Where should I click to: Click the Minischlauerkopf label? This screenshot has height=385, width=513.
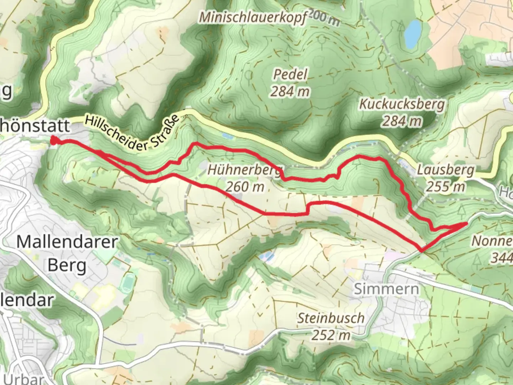[x=252, y=17]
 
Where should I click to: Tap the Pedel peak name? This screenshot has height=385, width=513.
[x=290, y=74]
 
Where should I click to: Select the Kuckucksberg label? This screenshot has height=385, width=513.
[x=402, y=104]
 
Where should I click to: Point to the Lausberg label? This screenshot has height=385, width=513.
[x=446, y=170]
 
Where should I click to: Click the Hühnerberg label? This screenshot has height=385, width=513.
[x=244, y=169]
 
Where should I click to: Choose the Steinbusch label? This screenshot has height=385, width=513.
[x=331, y=318]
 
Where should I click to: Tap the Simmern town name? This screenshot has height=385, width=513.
[x=386, y=289]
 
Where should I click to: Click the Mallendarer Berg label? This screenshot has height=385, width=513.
[x=67, y=253]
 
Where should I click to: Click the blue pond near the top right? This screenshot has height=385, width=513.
[x=413, y=34]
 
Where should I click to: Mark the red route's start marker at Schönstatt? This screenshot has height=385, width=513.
[x=53, y=141]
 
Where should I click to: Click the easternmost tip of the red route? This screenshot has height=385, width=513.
[x=466, y=224]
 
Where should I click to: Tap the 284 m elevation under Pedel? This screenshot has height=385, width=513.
[x=290, y=92]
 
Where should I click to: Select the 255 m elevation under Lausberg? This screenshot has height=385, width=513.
[x=446, y=186]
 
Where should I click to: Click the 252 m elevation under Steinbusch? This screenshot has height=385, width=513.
[x=331, y=335]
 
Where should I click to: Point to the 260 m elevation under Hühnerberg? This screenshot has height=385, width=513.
[x=245, y=186]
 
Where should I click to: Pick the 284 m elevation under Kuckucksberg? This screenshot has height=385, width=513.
[x=402, y=121]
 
